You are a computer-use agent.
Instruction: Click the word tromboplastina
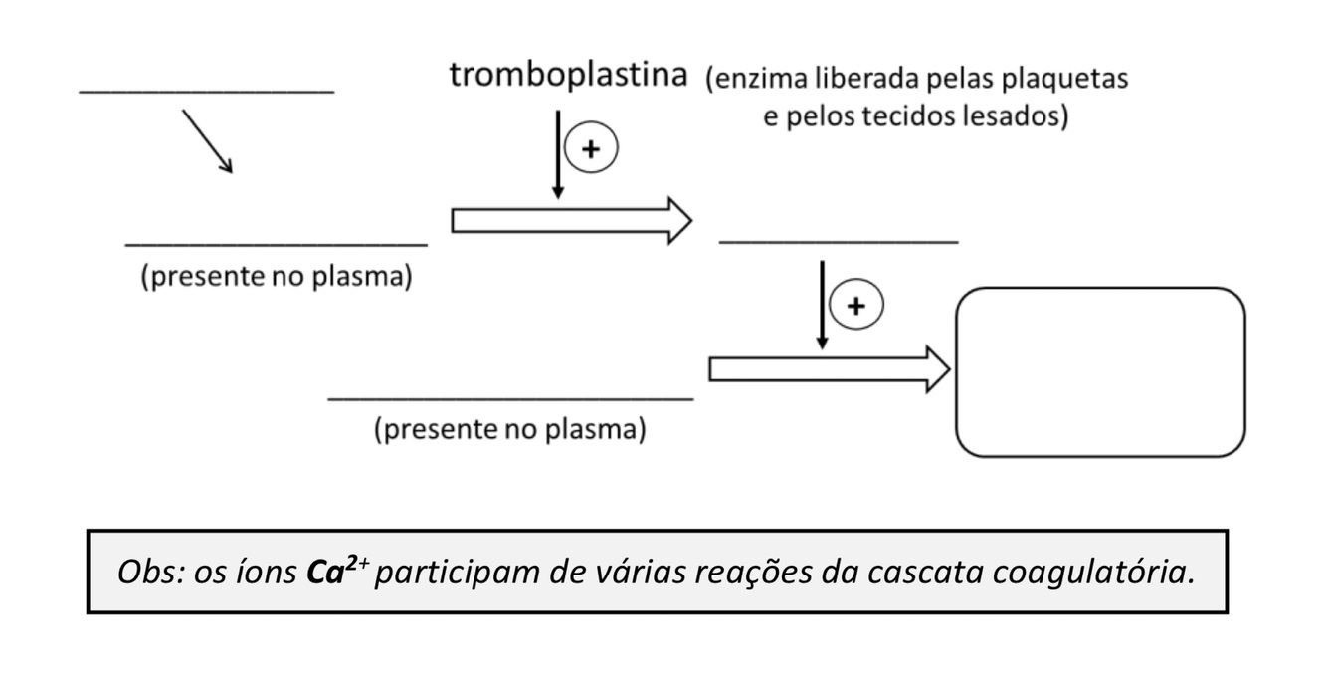pyautogui.click(x=568, y=76)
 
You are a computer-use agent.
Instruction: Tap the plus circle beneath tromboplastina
pyautogui.click(x=591, y=149)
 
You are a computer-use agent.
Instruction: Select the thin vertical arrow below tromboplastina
pyautogui.click(x=558, y=154)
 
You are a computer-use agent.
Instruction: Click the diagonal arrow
pyautogui.click(x=207, y=141)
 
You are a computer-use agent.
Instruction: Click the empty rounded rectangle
pyautogui.click(x=1099, y=372)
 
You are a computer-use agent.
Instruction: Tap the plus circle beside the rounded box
pyautogui.click(x=856, y=306)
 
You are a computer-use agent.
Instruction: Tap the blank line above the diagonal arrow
pyautogui.click(x=207, y=92)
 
